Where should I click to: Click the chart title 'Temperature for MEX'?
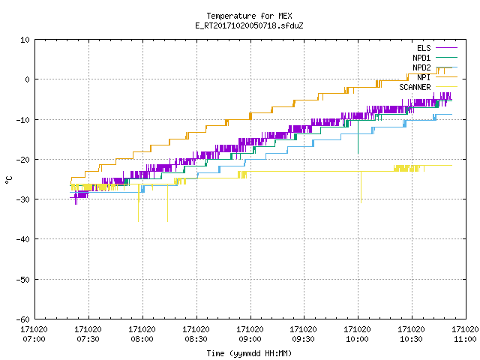249,16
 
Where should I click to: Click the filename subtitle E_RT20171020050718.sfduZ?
249,25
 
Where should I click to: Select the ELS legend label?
424,48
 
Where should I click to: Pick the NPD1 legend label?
421,58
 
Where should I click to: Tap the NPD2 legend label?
421,67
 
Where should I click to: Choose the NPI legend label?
424,77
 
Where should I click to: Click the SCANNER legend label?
415,87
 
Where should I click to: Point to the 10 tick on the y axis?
25,40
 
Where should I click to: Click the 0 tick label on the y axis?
28,79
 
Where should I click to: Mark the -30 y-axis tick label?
23,199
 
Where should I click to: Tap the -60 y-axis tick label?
23,319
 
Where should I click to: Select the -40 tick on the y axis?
23,239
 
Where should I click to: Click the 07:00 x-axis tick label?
34,339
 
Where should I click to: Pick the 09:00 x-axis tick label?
250,339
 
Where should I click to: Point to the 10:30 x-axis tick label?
412,339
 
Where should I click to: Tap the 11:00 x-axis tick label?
465,339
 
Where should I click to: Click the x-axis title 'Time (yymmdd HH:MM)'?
249,353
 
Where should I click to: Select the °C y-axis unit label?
8,180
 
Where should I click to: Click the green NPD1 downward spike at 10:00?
358,136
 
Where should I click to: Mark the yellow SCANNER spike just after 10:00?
361,187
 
